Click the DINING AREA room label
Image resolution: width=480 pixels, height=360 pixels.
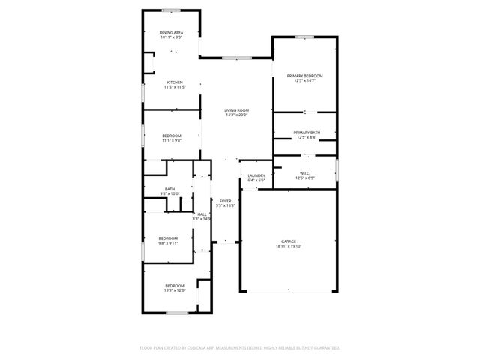[171, 33]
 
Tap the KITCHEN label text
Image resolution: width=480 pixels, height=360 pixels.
[174, 82]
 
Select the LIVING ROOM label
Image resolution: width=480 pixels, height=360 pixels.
[236, 110]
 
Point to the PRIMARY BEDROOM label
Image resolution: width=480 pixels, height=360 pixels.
[304, 76]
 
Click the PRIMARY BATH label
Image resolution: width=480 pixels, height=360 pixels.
[304, 133]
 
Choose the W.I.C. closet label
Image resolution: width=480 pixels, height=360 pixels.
[304, 173]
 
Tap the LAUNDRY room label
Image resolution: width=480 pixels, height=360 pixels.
[256, 175]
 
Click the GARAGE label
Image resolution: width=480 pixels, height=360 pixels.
[289, 241]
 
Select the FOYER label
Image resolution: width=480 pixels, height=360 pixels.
[225, 201]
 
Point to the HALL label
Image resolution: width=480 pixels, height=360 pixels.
[202, 214]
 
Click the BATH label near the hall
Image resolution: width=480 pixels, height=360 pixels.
[170, 189]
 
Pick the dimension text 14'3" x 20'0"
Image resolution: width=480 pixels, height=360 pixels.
[236, 115]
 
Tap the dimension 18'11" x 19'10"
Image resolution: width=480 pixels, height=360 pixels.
[289, 246]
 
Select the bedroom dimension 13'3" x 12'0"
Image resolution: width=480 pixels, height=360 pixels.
[175, 291]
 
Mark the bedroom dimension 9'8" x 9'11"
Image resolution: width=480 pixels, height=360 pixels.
[168, 243]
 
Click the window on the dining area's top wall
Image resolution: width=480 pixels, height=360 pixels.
[172, 10]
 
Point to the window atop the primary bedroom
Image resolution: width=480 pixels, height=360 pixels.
[304, 37]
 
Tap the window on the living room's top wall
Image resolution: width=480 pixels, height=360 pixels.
[236, 58]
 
